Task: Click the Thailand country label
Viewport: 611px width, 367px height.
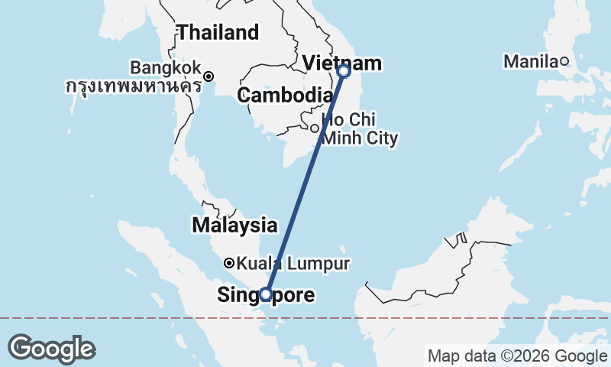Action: click(x=218, y=33)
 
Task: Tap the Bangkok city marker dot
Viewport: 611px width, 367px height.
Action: click(x=209, y=76)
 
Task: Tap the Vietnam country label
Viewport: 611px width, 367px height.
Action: click(x=332, y=62)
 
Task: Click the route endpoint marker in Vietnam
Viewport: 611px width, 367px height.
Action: click(x=344, y=71)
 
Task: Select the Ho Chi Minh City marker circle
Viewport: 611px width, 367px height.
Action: click(x=314, y=128)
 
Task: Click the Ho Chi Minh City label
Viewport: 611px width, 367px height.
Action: click(x=360, y=129)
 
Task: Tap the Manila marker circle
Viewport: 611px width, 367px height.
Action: click(x=564, y=61)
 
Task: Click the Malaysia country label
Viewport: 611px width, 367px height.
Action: click(x=234, y=226)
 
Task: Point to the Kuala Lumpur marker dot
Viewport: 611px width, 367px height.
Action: click(x=228, y=263)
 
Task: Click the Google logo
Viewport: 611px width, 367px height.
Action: click(x=51, y=349)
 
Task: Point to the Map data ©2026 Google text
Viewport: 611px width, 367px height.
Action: click(x=517, y=356)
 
